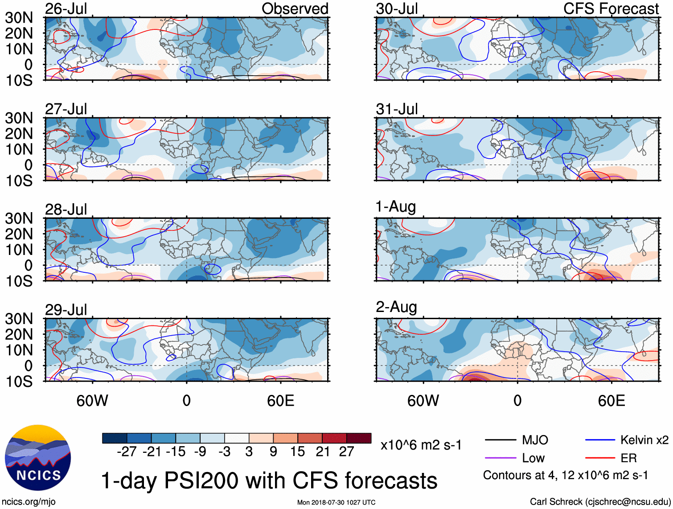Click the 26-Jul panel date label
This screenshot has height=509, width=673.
pos(66,9)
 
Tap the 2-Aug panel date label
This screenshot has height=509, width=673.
pos(396,307)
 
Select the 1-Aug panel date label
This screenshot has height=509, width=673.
pos(395,207)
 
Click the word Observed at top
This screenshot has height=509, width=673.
pos(295,9)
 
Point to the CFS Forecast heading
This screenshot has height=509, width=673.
pos(611,9)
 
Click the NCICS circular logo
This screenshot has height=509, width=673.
pos(38,457)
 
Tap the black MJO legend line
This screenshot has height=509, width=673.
pos(500,440)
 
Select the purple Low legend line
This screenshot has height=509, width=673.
pos(500,458)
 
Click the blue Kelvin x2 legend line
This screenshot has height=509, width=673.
pos(600,440)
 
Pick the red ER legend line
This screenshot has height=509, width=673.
pos(600,458)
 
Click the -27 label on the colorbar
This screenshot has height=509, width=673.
pos(127,452)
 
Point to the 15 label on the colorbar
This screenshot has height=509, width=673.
pos(297,452)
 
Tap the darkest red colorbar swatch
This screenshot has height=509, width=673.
pos(359,438)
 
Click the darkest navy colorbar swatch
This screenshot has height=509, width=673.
pos(115,438)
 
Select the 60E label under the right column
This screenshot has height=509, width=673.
pos(611,401)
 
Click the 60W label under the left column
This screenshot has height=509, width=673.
pos(92,401)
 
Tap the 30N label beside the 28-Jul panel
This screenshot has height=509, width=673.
pos(19,218)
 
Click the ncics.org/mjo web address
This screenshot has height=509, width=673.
pos(29,501)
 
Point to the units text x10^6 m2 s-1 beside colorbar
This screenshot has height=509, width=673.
pos(421,445)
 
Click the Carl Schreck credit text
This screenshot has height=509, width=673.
pos(600,501)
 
